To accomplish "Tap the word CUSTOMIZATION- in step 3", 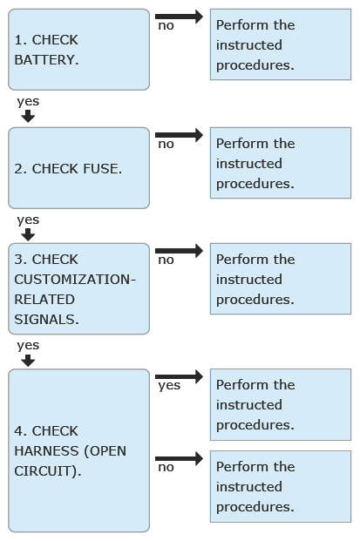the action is pyautogui.click(x=75, y=280).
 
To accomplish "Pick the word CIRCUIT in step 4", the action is pyautogui.click(x=45, y=471).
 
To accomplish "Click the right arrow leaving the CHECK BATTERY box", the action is pyautogui.click(x=180, y=17).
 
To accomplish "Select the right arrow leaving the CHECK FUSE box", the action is pyautogui.click(x=180, y=135).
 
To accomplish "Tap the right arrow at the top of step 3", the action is pyautogui.click(x=180, y=251).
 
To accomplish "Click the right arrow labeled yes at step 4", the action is pyautogui.click(x=180, y=376).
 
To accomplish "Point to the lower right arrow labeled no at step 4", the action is pyautogui.click(x=180, y=458).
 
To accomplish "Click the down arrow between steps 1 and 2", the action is pyautogui.click(x=28, y=116).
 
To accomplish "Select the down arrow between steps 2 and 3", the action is pyautogui.click(x=28, y=235).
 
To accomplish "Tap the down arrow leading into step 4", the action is pyautogui.click(x=28, y=361).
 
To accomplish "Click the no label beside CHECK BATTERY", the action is pyautogui.click(x=166, y=26).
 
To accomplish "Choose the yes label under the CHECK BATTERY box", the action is pyautogui.click(x=28, y=102).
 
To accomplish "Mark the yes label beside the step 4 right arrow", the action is pyautogui.click(x=169, y=386).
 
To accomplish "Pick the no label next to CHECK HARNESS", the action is pyautogui.click(x=166, y=468).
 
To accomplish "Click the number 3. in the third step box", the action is pyautogui.click(x=20, y=260).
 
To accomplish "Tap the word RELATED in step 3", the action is pyautogui.click(x=44, y=300).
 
